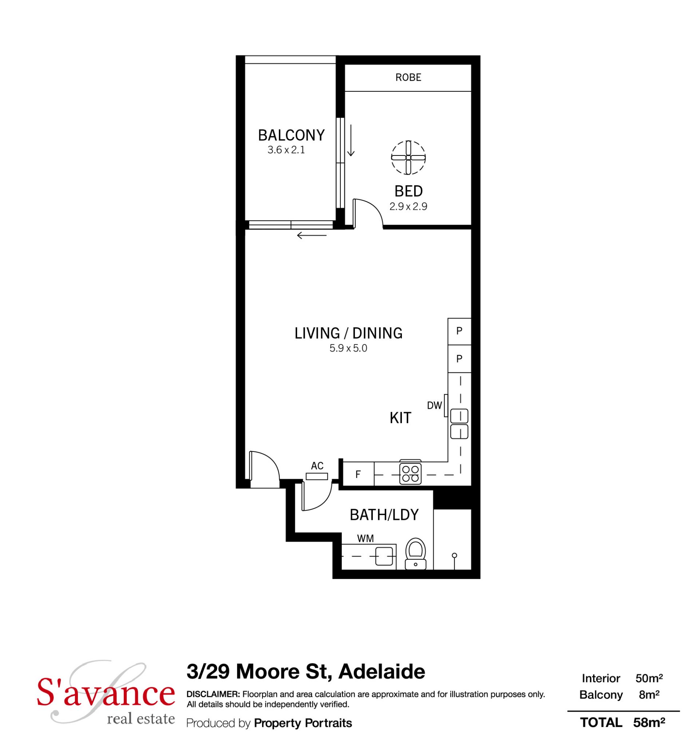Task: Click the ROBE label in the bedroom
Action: (x=408, y=77)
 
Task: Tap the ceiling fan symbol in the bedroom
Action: (x=408, y=158)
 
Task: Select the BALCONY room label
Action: (x=291, y=135)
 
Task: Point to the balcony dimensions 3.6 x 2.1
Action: (x=286, y=150)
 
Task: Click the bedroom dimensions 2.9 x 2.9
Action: (x=408, y=206)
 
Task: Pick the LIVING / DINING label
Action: (x=348, y=333)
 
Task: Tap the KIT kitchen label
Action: (x=400, y=418)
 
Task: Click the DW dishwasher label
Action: (x=434, y=405)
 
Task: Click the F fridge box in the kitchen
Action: (x=359, y=474)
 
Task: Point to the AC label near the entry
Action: (x=317, y=466)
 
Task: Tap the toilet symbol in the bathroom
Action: (x=415, y=554)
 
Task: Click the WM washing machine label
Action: (x=366, y=538)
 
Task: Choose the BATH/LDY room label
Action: (x=384, y=515)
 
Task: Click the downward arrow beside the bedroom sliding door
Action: (x=351, y=140)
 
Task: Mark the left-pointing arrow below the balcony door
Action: (x=312, y=236)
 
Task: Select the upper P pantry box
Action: (x=459, y=331)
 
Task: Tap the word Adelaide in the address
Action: (x=382, y=672)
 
